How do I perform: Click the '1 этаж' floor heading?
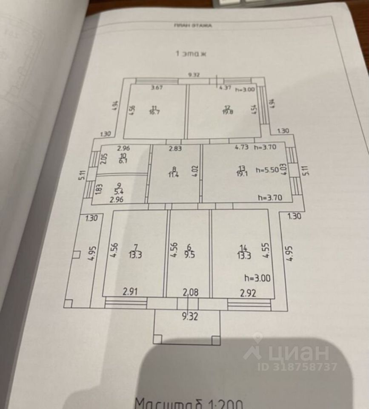click(x=191, y=54)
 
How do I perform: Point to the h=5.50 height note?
click(x=267, y=170)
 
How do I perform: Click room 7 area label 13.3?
click(x=135, y=254)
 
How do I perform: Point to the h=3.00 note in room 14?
click(x=258, y=278)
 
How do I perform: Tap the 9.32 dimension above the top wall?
click(x=194, y=75)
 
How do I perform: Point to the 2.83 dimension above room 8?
click(x=175, y=149)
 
